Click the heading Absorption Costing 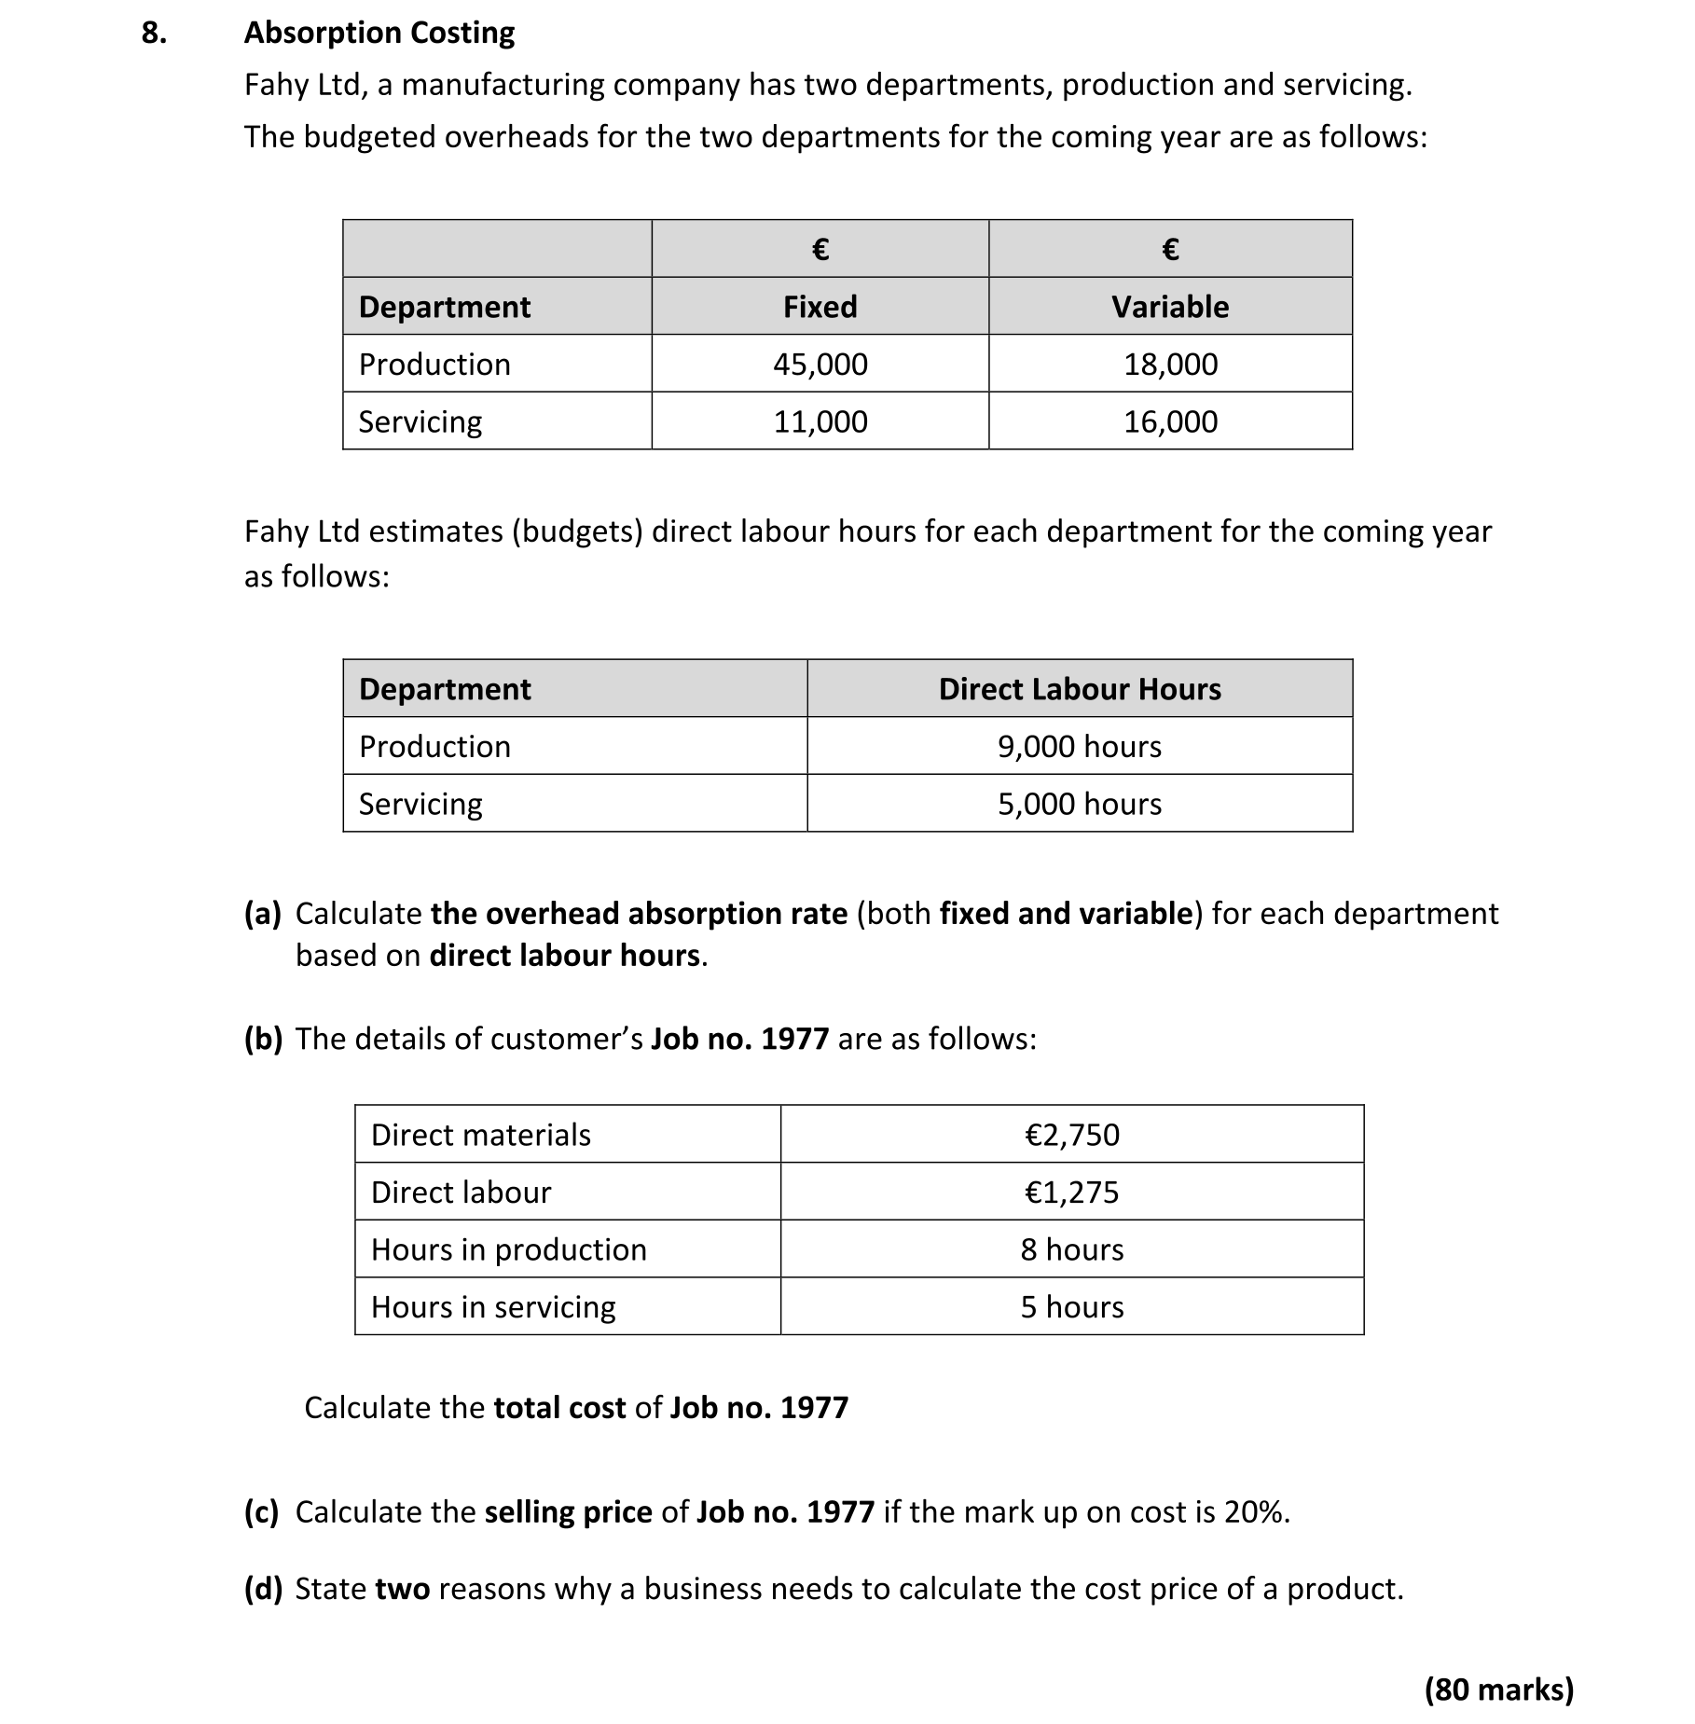tap(379, 34)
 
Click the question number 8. tap(154, 34)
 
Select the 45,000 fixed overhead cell tap(820, 364)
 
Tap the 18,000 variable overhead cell tap(1170, 364)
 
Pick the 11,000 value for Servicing tap(820, 421)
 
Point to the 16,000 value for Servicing tap(1170, 421)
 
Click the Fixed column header tap(820, 307)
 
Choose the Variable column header tap(1170, 307)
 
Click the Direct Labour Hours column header tap(1079, 689)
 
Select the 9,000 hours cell tap(1079, 747)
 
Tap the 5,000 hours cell tap(1079, 804)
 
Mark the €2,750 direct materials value tap(1071, 1135)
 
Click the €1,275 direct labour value tap(1071, 1193)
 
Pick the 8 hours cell tap(1071, 1249)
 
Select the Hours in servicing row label tap(493, 1307)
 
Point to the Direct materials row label tap(480, 1135)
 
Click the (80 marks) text tap(1498, 1690)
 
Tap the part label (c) tap(262, 1511)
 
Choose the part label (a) tap(262, 914)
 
